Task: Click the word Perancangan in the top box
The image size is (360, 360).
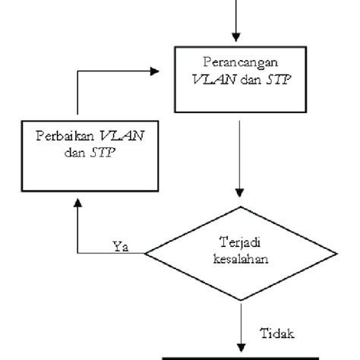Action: [x=239, y=60]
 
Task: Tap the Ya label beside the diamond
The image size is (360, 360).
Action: [x=120, y=245]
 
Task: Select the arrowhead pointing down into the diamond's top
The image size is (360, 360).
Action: [x=239, y=199]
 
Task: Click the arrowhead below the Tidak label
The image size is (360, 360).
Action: [x=239, y=346]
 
